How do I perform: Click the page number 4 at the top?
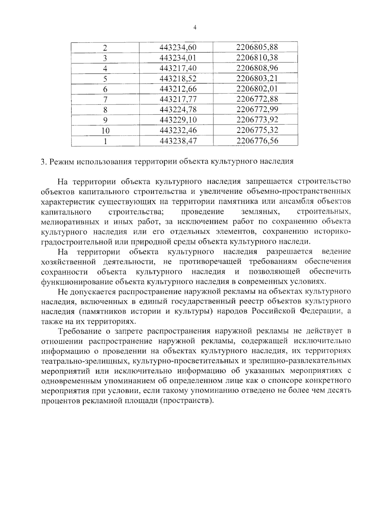[x=195, y=28]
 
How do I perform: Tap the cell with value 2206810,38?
[x=257, y=58]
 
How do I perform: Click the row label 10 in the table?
[x=105, y=131]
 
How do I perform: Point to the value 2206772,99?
[x=257, y=110]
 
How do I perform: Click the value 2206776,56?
[x=257, y=141]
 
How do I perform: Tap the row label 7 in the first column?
[x=105, y=100]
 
